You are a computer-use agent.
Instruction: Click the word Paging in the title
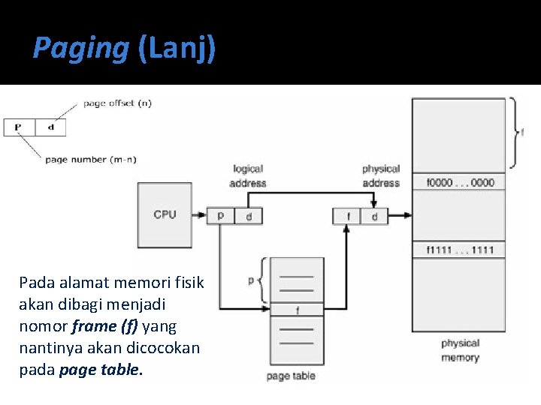[81, 49]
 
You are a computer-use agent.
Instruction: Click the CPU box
[165, 215]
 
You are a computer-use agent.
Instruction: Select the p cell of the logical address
[220, 216]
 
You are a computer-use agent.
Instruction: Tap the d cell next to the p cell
[248, 216]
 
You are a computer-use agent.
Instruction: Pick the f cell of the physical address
[347, 216]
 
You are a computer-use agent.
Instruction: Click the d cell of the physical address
[374, 216]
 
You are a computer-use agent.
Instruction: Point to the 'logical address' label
[248, 175]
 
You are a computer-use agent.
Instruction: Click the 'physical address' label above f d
[380, 175]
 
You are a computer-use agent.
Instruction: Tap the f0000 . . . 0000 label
[460, 182]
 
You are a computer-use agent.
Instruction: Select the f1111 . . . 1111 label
[460, 250]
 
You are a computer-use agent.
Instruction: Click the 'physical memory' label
[460, 350]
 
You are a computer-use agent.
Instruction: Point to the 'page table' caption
[291, 376]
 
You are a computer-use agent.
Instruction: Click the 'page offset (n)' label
[117, 103]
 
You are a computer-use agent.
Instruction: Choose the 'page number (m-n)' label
[90, 159]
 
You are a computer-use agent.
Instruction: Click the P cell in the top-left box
[19, 127]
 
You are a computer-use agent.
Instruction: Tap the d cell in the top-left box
[50, 127]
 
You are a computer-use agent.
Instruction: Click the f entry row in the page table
[297, 309]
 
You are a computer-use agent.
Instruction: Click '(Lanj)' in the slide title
[177, 49]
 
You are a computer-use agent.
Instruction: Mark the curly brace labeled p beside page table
[263, 280]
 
